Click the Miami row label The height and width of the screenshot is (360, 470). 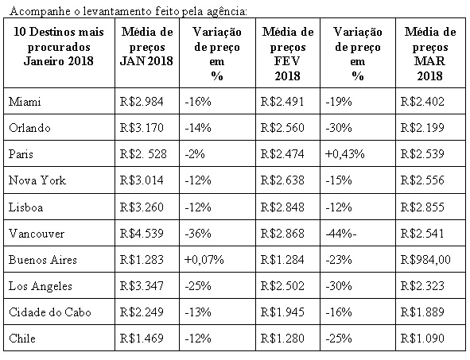pyautogui.click(x=25, y=102)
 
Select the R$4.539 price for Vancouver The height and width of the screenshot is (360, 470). pyautogui.click(x=142, y=234)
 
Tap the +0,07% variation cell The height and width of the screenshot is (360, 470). pyautogui.click(x=204, y=259)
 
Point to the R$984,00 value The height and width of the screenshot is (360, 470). pyautogui.click(x=425, y=259)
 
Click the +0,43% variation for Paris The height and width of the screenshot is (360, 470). pyautogui.click(x=344, y=154)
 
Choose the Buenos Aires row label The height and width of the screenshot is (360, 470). pyautogui.click(x=43, y=259)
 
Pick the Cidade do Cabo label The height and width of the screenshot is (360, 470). pyautogui.click(x=50, y=312)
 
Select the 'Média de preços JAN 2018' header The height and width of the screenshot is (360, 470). pyautogui.click(x=147, y=46)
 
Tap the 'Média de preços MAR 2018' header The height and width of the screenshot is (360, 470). pyautogui.click(x=430, y=53)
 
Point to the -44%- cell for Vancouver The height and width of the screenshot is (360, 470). pyautogui.click(x=341, y=234)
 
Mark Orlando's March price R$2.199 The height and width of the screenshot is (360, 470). pyautogui.click(x=422, y=128)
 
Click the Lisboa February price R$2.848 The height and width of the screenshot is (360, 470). pyautogui.click(x=282, y=207)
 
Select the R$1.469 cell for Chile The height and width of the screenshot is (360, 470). pyautogui.click(x=142, y=338)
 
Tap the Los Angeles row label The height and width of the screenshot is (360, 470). pyautogui.click(x=41, y=286)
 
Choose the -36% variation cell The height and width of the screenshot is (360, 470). pyautogui.click(x=198, y=234)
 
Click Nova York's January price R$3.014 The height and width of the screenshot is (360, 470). pyautogui.click(x=142, y=180)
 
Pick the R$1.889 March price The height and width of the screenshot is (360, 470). pyautogui.click(x=422, y=312)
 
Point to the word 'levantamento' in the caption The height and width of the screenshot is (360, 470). pyautogui.click(x=117, y=12)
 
